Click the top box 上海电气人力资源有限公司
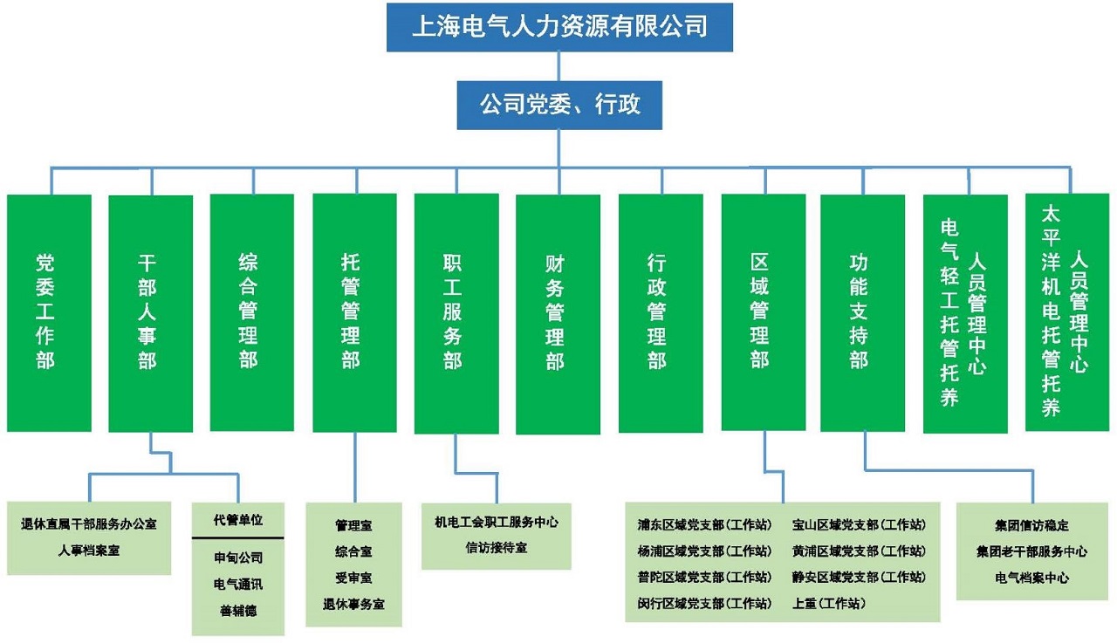[x=559, y=27]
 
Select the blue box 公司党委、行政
[x=559, y=106]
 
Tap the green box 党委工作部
[x=49, y=312]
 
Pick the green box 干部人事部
[x=150, y=312]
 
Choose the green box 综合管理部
[x=252, y=312]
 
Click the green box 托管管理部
[x=354, y=312]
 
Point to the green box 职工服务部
[x=456, y=312]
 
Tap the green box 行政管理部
[x=661, y=312]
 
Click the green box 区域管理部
[x=763, y=312]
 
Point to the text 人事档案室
[x=89, y=551]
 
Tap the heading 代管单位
[x=238, y=520]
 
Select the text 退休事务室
[x=353, y=603]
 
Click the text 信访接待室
[x=496, y=548]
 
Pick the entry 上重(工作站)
[x=829, y=602]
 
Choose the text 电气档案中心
[x=1031, y=578]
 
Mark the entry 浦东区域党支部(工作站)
[x=704, y=525]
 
